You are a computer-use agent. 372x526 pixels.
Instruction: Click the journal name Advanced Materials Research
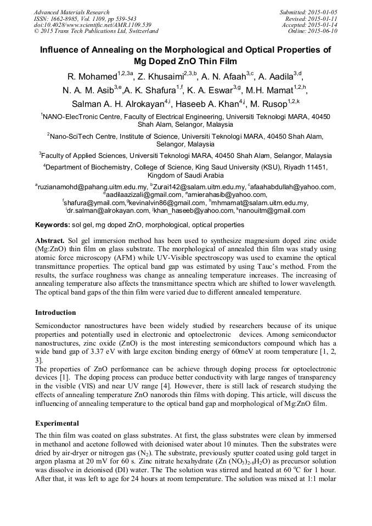[x=71, y=12]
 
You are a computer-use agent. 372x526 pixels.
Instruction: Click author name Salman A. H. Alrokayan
[x=118, y=104]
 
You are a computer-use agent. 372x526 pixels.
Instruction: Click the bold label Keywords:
[x=52, y=225]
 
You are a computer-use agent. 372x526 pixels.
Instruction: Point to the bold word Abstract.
[x=50, y=241]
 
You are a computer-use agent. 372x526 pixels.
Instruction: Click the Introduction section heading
[x=55, y=313]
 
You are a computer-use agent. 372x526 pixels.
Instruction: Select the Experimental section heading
[x=57, y=423]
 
